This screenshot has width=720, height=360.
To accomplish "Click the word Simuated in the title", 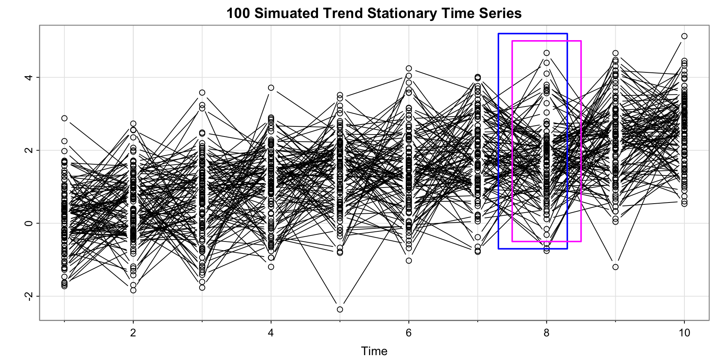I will (286, 13).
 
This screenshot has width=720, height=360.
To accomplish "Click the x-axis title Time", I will (374, 351).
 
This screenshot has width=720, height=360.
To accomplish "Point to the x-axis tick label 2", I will (133, 333).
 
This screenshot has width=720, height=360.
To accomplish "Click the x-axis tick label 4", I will (271, 333).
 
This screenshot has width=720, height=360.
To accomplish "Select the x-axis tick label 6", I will (409, 333).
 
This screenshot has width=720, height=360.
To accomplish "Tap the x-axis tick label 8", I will (547, 333).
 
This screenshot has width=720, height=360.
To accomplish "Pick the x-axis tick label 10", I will (684, 333).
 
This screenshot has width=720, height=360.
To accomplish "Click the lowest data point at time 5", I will (340, 309).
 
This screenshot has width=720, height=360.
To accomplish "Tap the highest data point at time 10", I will (684, 36).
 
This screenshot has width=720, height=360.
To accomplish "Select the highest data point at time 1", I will (64, 118).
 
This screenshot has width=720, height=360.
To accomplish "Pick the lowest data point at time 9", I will (615, 267).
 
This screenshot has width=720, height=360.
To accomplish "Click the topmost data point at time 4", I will (271, 88).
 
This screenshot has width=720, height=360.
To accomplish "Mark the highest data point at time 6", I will (409, 68).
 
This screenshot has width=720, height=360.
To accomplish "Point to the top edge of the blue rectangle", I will (532, 34).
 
